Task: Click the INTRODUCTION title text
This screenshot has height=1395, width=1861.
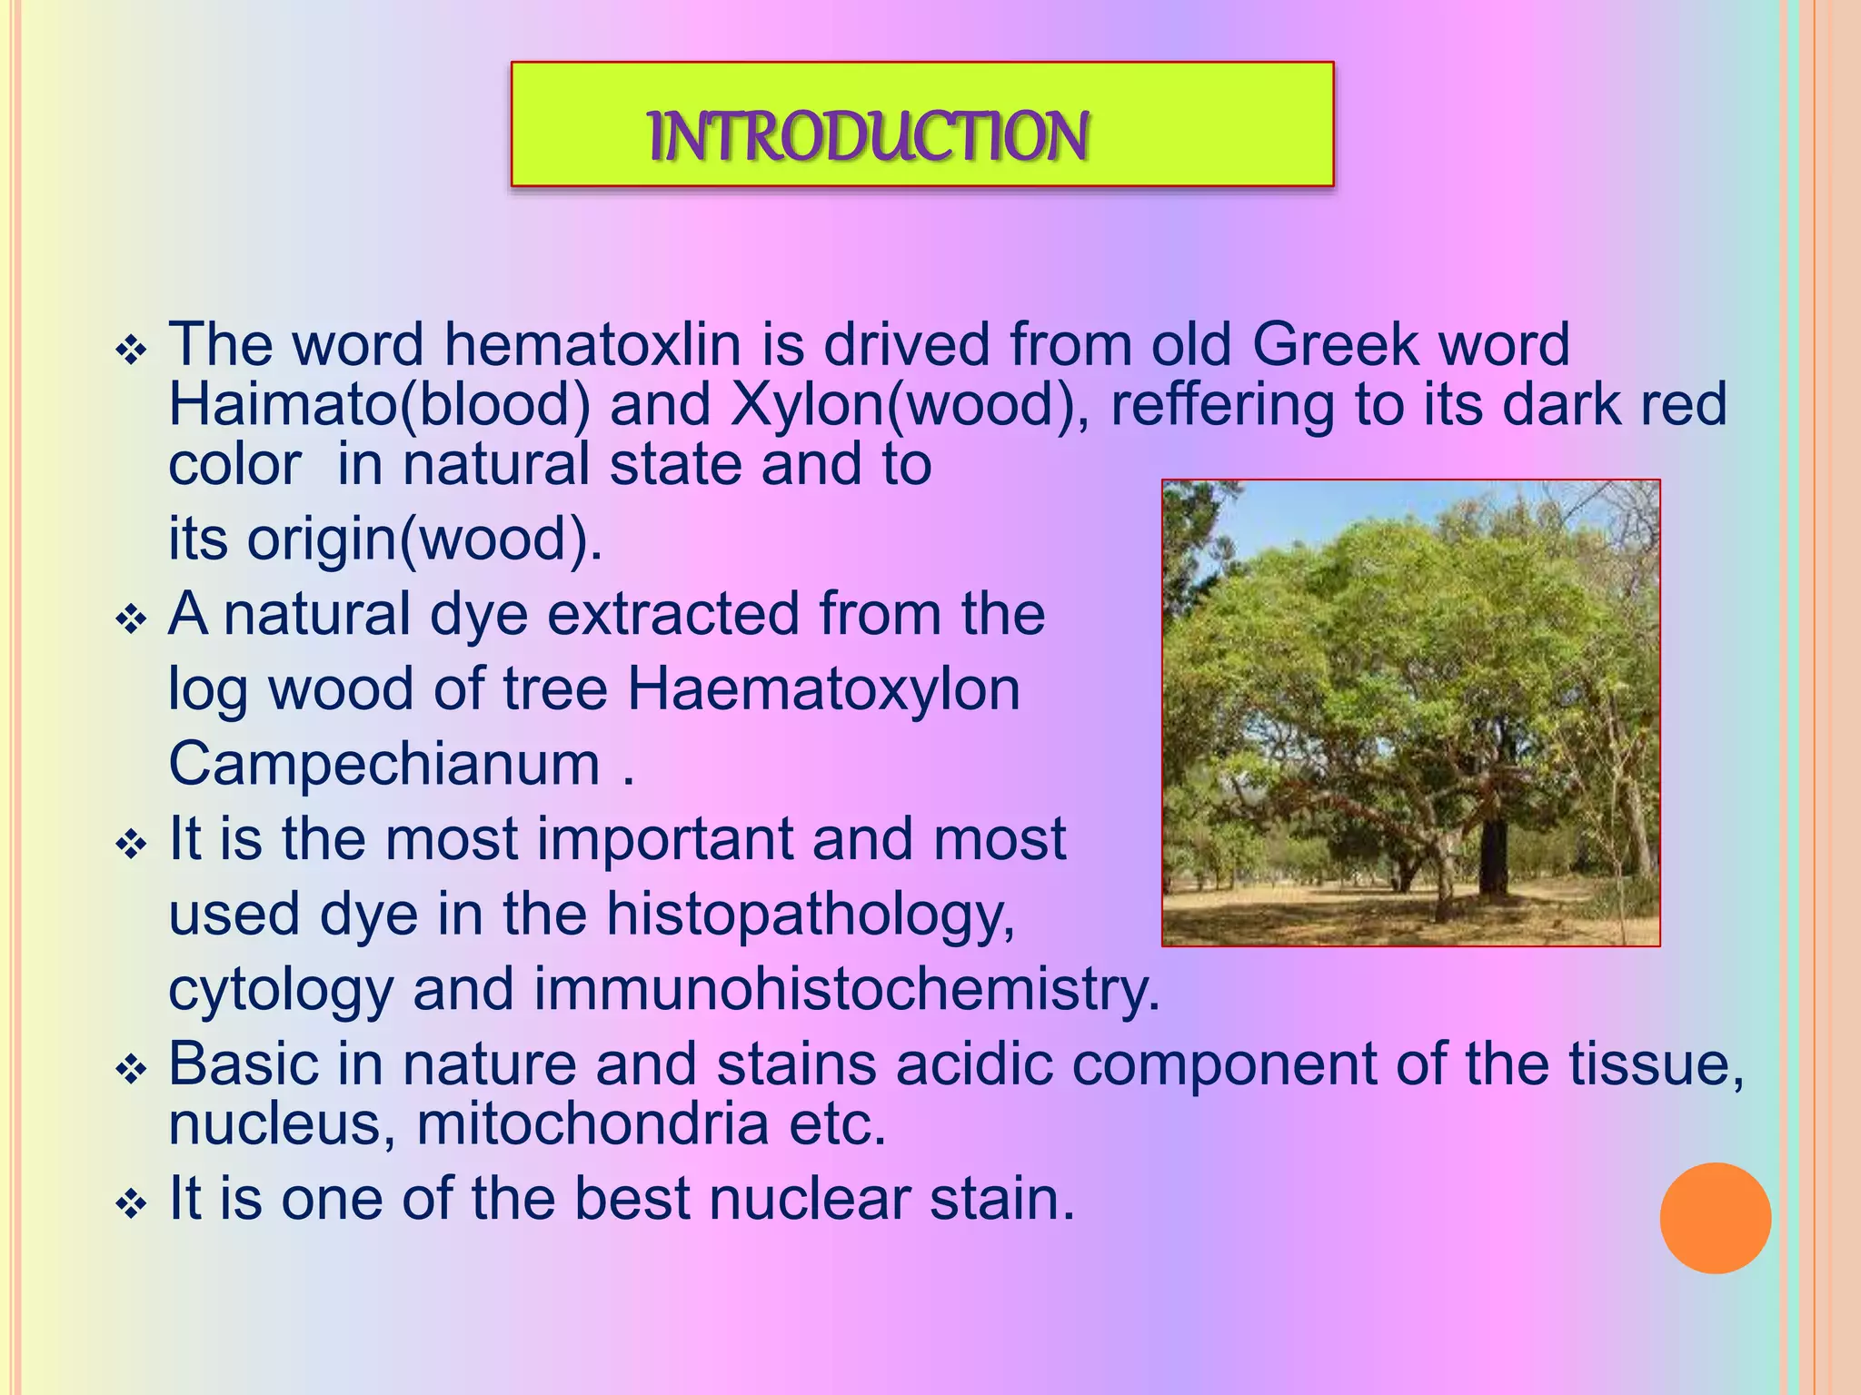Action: click(x=869, y=136)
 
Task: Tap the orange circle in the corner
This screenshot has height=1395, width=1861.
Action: click(x=1715, y=1218)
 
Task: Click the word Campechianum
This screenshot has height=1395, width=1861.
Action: click(x=384, y=765)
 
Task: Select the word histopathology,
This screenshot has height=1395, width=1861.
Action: click(x=811, y=915)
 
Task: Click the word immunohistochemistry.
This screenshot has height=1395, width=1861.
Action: click(x=846, y=989)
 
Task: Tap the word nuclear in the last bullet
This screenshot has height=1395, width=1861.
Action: click(x=810, y=1199)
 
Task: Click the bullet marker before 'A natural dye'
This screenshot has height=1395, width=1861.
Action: click(x=132, y=621)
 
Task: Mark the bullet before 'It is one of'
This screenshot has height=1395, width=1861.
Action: click(x=132, y=1205)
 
